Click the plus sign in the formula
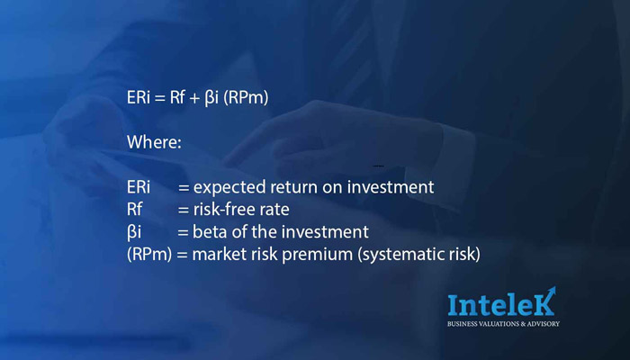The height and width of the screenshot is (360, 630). (195, 99)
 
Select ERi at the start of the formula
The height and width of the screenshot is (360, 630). (139, 98)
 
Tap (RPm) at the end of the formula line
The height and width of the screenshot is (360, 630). (246, 98)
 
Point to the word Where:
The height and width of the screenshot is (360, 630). (154, 142)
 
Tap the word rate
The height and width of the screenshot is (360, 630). (275, 210)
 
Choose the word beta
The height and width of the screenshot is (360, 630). (209, 232)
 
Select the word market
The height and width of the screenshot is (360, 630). (218, 255)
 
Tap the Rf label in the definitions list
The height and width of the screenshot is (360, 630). (135, 210)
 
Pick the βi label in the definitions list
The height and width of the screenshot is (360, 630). (134, 232)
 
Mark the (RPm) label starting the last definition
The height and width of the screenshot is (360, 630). (149, 255)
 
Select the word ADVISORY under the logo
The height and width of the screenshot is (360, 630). (542, 324)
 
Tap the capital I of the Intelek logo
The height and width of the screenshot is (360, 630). (453, 305)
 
